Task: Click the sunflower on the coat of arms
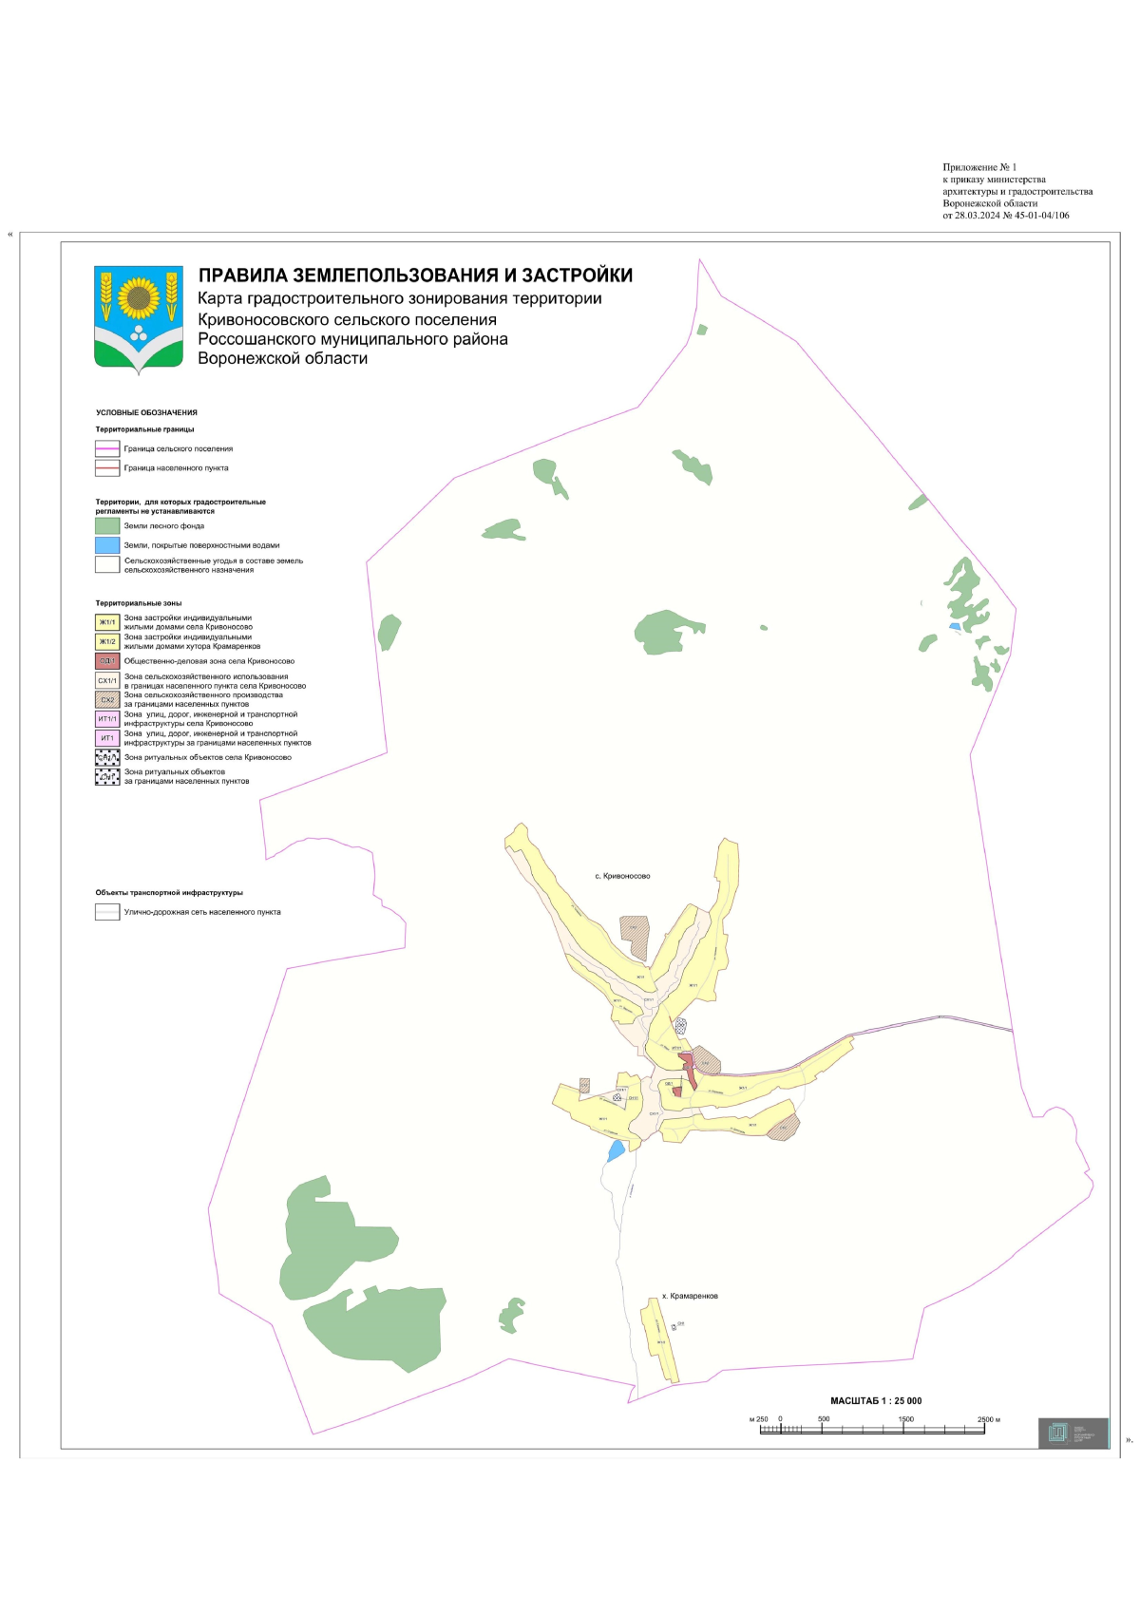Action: click(x=139, y=297)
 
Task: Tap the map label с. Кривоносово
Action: click(x=622, y=876)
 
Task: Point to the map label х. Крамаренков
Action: click(x=690, y=1296)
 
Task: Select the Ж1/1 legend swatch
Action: click(x=107, y=622)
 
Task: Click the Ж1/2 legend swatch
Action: click(x=107, y=641)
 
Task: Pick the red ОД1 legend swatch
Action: click(x=107, y=660)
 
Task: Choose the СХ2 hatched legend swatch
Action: click(x=107, y=699)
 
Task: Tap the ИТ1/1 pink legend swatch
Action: click(x=107, y=718)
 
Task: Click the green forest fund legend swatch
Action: click(x=107, y=525)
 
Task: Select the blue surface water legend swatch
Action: click(x=107, y=545)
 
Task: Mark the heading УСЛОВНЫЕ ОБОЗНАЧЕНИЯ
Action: click(x=146, y=413)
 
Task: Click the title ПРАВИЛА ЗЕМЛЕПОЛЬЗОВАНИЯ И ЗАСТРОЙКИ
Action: click(x=415, y=275)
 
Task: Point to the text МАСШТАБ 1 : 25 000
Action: click(x=876, y=1400)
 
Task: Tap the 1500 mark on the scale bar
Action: click(x=905, y=1419)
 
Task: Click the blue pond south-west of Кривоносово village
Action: click(x=617, y=1151)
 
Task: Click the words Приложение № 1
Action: click(x=979, y=167)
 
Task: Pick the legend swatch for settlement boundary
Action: click(x=107, y=468)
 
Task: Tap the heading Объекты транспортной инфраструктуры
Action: click(x=169, y=893)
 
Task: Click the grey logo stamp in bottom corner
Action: click(x=1073, y=1433)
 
